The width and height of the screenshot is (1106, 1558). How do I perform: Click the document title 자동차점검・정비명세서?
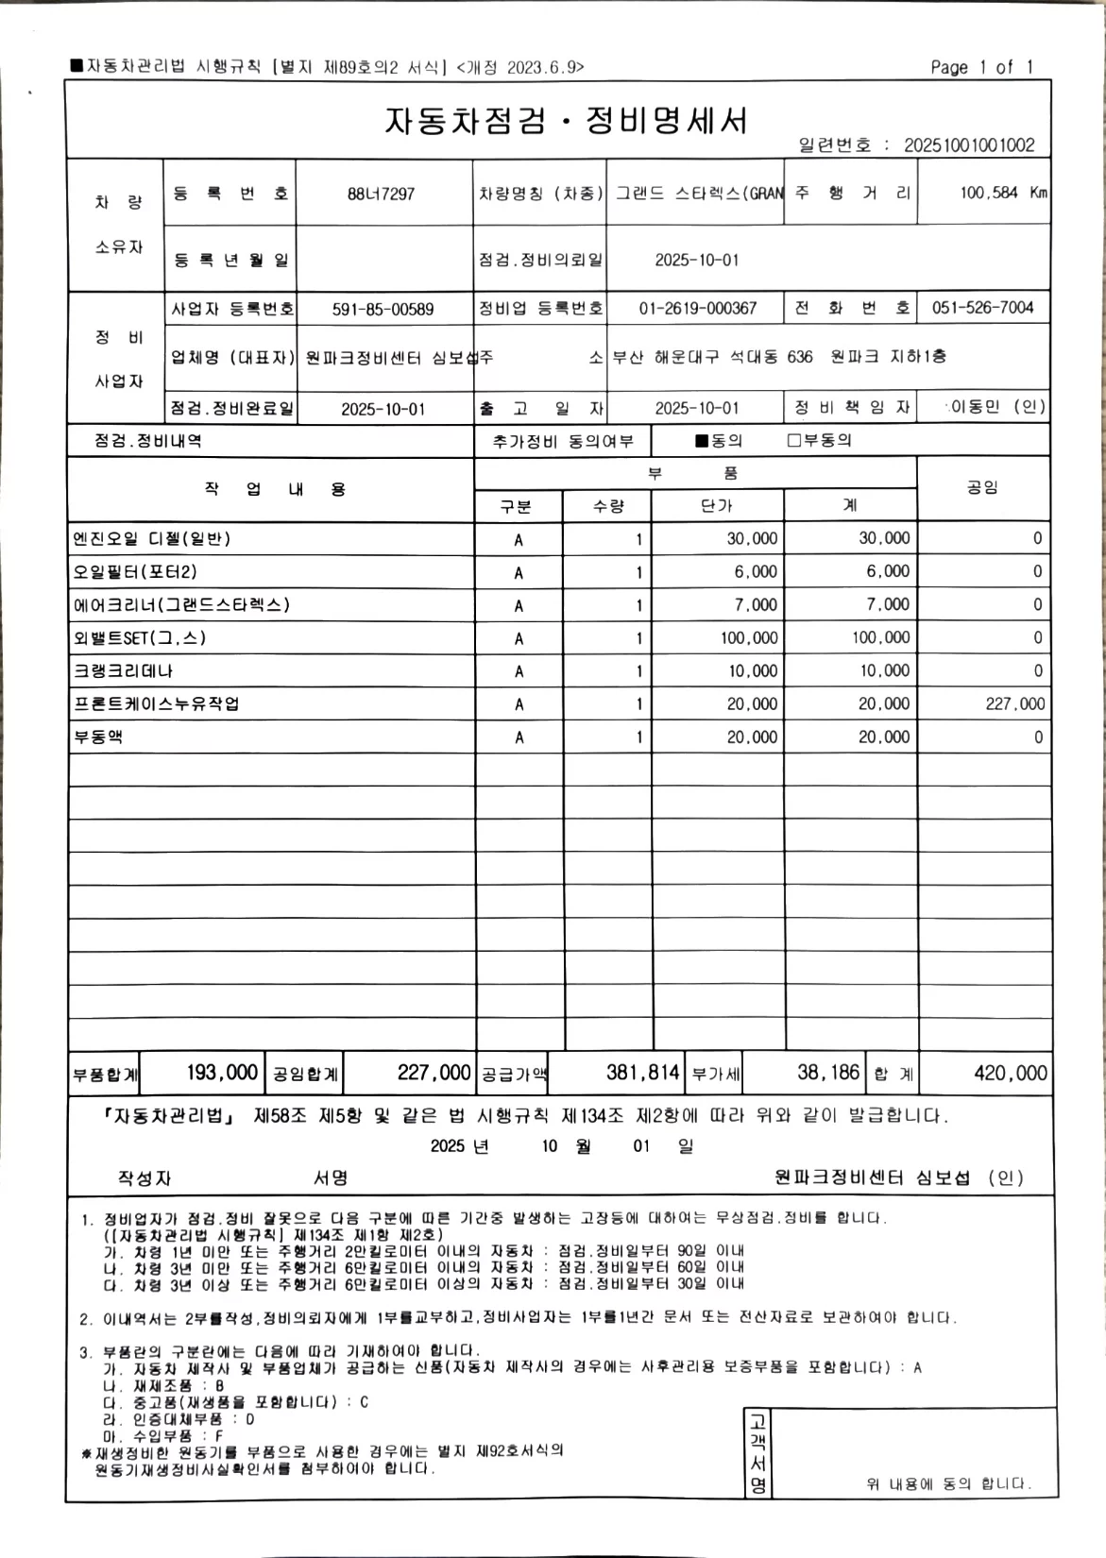[x=566, y=121]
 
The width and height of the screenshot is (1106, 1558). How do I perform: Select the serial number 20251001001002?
[x=969, y=145]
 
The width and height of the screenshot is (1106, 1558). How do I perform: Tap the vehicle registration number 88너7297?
[x=382, y=194]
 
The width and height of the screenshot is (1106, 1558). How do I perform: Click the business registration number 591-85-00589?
[x=383, y=309]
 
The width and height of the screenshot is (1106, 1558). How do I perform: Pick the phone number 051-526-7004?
[x=982, y=308]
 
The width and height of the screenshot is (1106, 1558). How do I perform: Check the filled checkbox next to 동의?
[x=701, y=441]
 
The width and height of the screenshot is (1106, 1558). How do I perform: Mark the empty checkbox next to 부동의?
[x=794, y=441]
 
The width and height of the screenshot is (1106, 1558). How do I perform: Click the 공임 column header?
[x=982, y=487]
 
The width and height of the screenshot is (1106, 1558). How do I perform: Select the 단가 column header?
[x=717, y=506]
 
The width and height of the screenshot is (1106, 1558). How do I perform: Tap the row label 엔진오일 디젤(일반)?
[x=152, y=539]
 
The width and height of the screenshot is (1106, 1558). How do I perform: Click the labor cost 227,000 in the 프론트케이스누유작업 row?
[x=1014, y=703]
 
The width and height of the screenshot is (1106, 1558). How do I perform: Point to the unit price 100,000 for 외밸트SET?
[x=749, y=638]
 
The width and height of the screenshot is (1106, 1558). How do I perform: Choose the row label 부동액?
[x=98, y=737]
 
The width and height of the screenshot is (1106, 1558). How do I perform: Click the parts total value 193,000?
[x=222, y=1073]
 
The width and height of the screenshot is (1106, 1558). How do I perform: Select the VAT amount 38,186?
[x=828, y=1073]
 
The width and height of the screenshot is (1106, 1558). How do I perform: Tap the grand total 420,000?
[x=1010, y=1073]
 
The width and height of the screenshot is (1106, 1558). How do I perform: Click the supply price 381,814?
[x=642, y=1073]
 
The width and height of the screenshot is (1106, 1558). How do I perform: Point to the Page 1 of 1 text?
[x=981, y=67]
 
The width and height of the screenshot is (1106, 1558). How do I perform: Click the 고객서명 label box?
[x=758, y=1452]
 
